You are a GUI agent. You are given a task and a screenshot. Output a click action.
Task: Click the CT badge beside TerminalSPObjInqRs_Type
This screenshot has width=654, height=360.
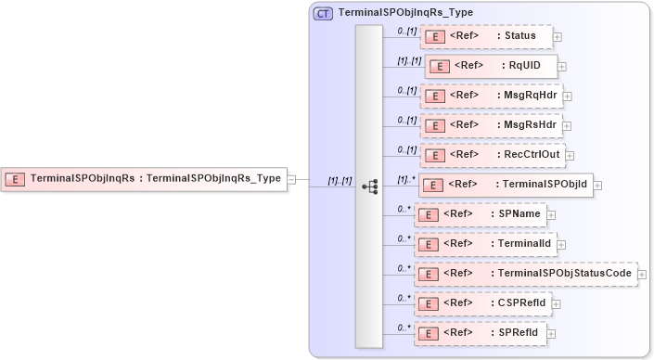324,13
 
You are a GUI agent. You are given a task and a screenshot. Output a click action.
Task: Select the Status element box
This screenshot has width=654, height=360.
486,36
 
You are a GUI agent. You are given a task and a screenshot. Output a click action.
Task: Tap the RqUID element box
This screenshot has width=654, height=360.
491,67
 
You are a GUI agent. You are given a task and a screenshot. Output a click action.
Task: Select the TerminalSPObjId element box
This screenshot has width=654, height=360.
505,184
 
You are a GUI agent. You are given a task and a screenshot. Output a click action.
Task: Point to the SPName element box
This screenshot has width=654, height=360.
479,214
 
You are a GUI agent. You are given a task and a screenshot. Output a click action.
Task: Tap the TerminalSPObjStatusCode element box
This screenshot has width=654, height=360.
525,274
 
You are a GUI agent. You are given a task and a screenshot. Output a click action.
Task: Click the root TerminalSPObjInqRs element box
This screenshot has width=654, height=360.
143,178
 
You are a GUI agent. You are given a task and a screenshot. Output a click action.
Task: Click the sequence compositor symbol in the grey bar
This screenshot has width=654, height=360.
369,186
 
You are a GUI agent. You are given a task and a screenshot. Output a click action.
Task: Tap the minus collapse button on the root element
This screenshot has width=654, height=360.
291,179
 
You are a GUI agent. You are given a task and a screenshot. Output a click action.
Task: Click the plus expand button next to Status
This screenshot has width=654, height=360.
557,37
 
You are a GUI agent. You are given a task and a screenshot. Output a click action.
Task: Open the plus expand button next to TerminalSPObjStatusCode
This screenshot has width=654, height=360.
642,275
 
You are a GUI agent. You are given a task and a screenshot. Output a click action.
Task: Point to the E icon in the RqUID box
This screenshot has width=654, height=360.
441,67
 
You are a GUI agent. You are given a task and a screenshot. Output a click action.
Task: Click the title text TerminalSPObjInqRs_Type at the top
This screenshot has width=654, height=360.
406,13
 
